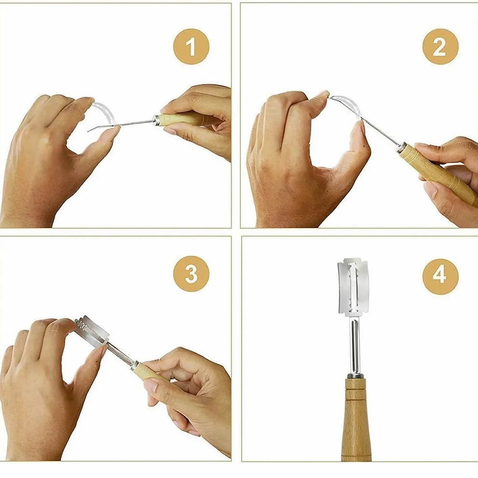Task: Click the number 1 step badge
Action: [191, 47]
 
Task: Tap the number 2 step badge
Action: [440, 47]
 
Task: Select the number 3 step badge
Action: [191, 273]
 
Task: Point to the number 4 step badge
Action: [440, 276]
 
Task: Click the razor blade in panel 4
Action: [353, 286]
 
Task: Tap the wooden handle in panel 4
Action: [356, 420]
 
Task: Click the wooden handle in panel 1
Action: [183, 119]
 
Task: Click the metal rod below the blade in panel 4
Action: [356, 343]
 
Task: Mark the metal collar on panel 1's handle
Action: [156, 120]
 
